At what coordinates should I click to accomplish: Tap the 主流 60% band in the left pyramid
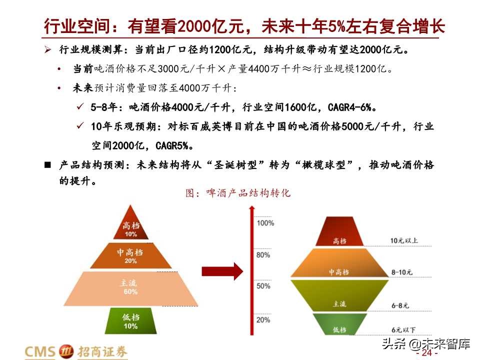pos(130,287)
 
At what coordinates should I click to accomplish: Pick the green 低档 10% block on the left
pos(130,320)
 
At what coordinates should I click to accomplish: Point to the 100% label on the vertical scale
pos(265,222)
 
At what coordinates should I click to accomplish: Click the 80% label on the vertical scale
pos(263,255)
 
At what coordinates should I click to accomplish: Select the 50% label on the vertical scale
pos(263,286)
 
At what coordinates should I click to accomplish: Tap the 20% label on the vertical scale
pos(263,319)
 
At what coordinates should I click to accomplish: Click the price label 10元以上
pos(404,240)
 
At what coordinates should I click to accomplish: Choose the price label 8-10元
pos(402,272)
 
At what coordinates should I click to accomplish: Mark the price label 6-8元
pos(400,305)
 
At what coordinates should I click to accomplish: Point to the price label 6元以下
pos(403,330)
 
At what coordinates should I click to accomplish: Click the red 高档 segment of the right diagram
pos(339,231)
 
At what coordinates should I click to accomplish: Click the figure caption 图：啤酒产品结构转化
pos(238,193)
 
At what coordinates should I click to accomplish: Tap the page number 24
pos(426,353)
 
